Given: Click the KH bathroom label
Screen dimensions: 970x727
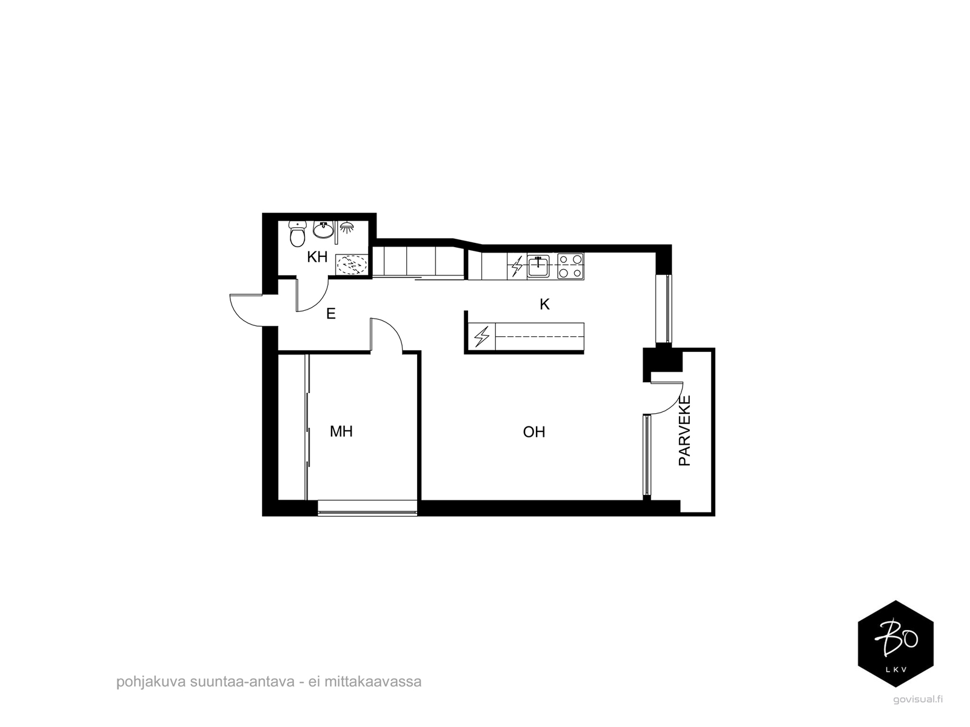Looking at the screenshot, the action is tap(317, 256).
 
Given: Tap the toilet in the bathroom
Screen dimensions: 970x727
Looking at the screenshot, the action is tap(298, 234).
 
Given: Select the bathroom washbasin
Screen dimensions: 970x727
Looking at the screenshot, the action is tap(324, 230).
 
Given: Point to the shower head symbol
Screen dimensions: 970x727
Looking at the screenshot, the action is tap(347, 227).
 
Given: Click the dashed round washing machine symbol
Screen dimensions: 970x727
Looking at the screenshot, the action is tap(352, 265).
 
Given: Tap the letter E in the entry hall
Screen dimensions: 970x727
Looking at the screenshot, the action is tap(330, 314).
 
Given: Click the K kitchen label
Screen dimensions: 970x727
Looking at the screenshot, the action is tap(544, 304).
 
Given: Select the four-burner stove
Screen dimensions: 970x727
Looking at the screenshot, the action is tap(570, 266).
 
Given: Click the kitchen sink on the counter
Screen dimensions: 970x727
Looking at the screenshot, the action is tap(538, 266).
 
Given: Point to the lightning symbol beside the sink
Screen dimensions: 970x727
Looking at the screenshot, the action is tap(516, 266).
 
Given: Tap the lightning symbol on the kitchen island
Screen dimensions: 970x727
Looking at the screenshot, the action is tap(482, 337).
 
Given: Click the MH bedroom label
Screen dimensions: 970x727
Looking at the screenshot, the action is tap(341, 431).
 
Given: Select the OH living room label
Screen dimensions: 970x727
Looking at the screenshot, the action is tap(534, 432).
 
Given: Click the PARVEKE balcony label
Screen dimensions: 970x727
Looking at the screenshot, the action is tap(684, 430).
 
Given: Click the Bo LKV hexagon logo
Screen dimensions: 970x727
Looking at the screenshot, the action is tap(895, 643).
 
